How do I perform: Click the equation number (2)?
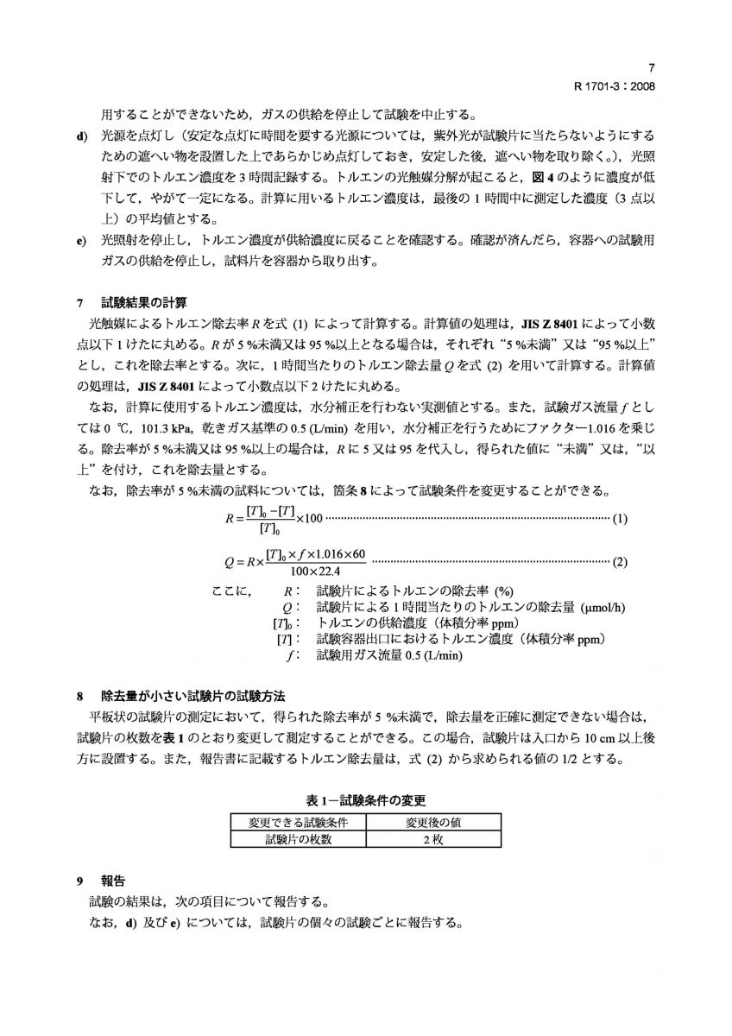[620, 562]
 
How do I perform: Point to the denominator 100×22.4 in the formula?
[316, 571]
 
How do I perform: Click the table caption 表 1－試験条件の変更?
[366, 799]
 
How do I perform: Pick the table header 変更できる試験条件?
[298, 822]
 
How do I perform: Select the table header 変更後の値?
[433, 822]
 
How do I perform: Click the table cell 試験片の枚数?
[298, 838]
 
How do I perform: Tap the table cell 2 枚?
[433, 838]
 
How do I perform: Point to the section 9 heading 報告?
[113, 881]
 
